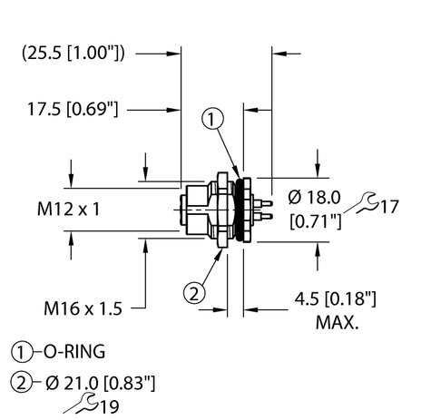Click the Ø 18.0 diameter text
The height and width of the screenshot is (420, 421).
[x=316, y=199]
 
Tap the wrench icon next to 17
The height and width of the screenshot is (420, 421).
[x=366, y=202]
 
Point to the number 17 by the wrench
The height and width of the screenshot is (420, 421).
[x=390, y=208]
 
